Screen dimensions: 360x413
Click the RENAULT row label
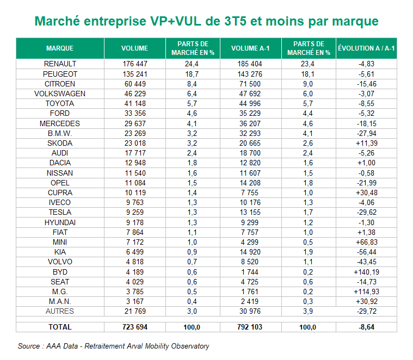pyautogui.click(x=60, y=64)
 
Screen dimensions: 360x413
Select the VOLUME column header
pyautogui.click(x=134, y=48)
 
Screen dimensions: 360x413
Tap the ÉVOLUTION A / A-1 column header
pyautogui.click(x=366, y=48)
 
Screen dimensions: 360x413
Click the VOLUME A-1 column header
pyautogui.click(x=250, y=48)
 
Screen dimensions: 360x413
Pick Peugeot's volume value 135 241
pyautogui.click(x=134, y=73)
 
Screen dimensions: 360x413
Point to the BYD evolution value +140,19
pyautogui.click(x=366, y=271)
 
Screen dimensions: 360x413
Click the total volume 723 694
pyautogui.click(x=134, y=327)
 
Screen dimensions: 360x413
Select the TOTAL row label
pyautogui.click(x=60, y=327)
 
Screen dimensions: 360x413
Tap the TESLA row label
pyautogui.click(x=60, y=212)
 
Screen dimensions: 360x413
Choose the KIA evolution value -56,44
pyautogui.click(x=366, y=252)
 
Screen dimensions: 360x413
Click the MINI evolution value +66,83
pyautogui.click(x=366, y=241)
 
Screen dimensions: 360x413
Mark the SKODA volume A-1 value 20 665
pyautogui.click(x=250, y=143)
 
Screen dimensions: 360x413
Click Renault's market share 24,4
pyautogui.click(x=193, y=64)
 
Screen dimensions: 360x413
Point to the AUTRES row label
pyautogui.click(x=60, y=311)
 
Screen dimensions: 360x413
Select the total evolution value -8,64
pyautogui.click(x=366, y=327)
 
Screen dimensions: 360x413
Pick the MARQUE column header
pyautogui.click(x=60, y=48)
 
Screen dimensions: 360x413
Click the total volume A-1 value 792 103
pyautogui.click(x=250, y=327)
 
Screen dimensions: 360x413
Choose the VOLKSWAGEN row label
pyautogui.click(x=60, y=94)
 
